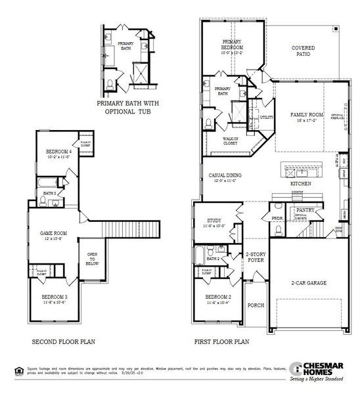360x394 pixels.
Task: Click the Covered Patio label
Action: tap(303, 51)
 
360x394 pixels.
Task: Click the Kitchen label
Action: tap(301, 184)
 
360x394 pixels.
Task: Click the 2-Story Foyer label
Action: tap(255, 257)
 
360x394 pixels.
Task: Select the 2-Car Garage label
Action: tap(309, 283)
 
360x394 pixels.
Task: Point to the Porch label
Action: tap(255, 305)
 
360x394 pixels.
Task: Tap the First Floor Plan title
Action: tap(221, 342)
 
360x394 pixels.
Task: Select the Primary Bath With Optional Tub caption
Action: tap(127, 107)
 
